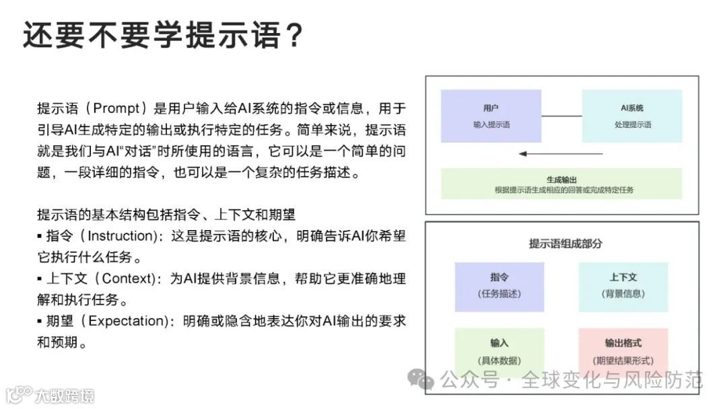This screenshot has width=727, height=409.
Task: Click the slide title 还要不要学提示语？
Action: [x=162, y=35]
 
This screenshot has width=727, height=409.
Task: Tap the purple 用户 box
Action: [x=491, y=116]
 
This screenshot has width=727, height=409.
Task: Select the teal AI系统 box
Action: [x=632, y=116]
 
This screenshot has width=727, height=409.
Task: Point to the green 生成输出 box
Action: [x=561, y=184]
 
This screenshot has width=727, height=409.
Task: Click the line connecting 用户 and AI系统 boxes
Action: [x=561, y=117]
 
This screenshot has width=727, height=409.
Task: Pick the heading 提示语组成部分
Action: [x=565, y=244]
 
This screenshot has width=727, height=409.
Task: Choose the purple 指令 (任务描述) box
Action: [x=499, y=286]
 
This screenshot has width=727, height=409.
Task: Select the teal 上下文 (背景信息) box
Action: [x=623, y=286]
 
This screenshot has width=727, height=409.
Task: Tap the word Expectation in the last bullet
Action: [x=128, y=321]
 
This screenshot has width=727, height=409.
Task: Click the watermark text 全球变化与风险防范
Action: [x=612, y=381]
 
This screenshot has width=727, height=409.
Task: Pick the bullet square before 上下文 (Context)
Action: [x=40, y=278]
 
